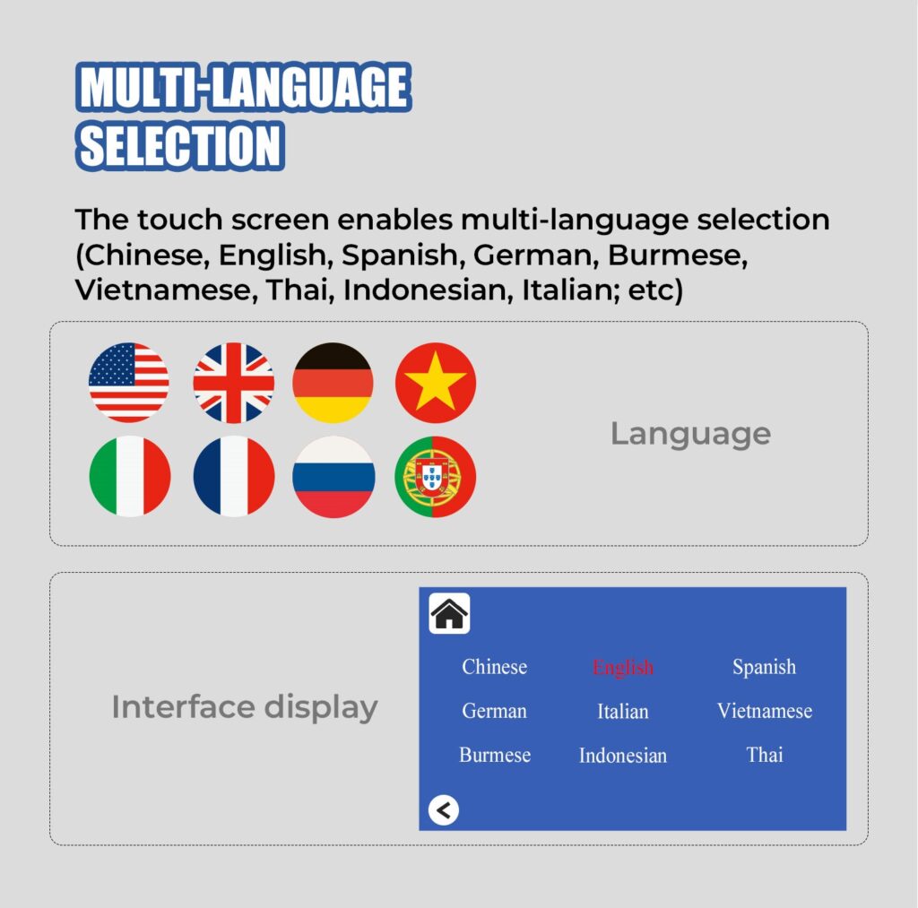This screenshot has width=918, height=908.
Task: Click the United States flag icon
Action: [129, 382]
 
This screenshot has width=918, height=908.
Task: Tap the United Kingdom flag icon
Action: [234, 382]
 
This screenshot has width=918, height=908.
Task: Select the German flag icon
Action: [333, 382]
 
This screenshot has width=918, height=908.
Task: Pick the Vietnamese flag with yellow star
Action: [436, 382]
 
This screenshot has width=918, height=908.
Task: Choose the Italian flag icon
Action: [129, 476]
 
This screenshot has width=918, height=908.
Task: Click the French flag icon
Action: [234, 476]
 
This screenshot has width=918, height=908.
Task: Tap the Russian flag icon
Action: [333, 476]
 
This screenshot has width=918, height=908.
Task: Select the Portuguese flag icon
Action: [436, 476]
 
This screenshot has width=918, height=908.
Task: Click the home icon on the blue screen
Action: [449, 613]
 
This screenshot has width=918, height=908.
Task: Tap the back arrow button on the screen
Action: [443, 810]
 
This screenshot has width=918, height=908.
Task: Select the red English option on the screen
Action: [622, 668]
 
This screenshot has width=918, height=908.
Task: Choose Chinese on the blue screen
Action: [494, 667]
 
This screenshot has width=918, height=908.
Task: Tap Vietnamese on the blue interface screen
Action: [765, 711]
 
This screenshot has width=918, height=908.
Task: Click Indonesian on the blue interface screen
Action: [623, 756]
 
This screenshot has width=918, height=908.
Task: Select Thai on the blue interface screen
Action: [765, 755]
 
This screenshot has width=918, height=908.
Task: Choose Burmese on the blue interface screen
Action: [495, 755]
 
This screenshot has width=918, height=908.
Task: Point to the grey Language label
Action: [691, 435]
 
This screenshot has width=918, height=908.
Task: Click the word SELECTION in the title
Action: [180, 146]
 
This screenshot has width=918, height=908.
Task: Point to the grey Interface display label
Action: [245, 707]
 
